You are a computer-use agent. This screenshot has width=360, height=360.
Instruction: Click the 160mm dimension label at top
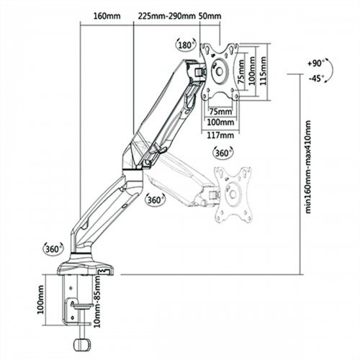[107, 17]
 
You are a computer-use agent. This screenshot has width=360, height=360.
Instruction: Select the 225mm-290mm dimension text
[166, 17]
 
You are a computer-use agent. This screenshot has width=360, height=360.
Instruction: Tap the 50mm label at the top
[210, 17]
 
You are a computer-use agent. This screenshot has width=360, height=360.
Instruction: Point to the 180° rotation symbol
[186, 45]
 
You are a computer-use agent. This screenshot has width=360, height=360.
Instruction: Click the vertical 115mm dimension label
[264, 71]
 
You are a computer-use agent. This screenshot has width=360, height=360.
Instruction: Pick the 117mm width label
[220, 135]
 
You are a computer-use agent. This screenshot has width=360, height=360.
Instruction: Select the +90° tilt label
[315, 63]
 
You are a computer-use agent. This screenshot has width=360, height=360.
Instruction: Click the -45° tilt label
[316, 78]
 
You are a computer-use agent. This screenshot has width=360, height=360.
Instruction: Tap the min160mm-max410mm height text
[308, 166]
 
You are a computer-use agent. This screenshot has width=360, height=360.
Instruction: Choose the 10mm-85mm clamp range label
[97, 301]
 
